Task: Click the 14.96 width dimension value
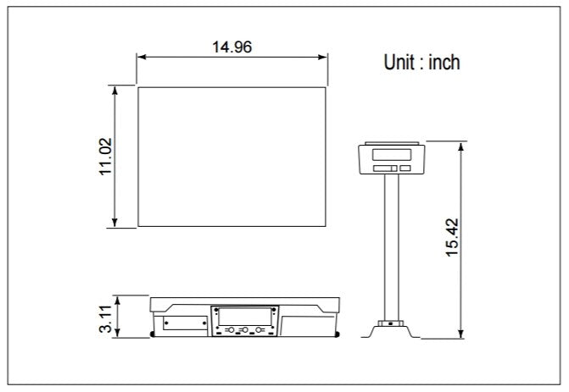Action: coord(232,47)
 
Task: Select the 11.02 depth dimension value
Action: coord(106,157)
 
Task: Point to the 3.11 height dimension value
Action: coord(106,316)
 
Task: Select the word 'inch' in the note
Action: coord(443,63)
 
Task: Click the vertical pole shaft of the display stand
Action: coord(391,246)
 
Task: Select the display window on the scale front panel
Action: coord(243,313)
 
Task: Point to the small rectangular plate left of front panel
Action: coord(186,323)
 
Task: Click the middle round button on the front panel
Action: coord(244,329)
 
